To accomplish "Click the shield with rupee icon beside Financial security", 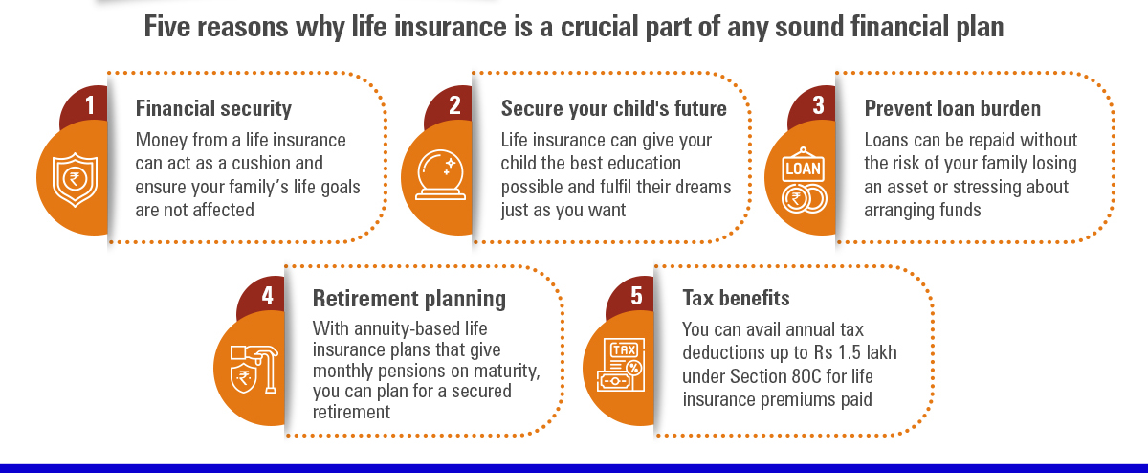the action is coord(76,180).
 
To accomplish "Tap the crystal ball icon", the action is coord(440,174).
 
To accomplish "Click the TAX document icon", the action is coord(621,365).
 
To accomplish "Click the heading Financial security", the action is coord(213,109).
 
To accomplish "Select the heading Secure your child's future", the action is coord(613,109).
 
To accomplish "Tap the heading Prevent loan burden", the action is coord(952,109).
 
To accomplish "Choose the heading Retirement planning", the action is coord(409,299).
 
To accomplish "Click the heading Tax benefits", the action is coord(736,298).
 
